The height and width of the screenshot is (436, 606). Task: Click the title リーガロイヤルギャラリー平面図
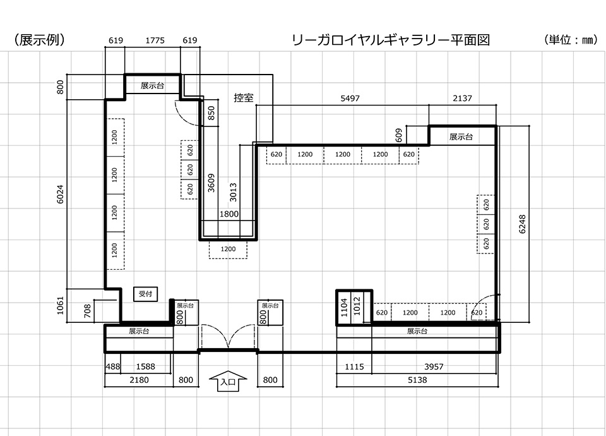(x=391, y=40)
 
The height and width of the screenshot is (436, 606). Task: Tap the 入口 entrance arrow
(x=227, y=380)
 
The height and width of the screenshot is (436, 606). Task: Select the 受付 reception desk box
(x=146, y=294)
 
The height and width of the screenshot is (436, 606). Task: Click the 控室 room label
(x=244, y=98)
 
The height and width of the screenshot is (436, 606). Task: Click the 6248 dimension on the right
(x=522, y=222)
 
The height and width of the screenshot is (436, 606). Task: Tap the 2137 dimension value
(x=462, y=99)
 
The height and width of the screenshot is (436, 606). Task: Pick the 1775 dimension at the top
(x=155, y=40)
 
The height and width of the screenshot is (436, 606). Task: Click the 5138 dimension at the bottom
(x=417, y=380)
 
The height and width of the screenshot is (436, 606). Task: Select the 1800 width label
(x=229, y=214)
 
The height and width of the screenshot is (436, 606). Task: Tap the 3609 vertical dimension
(x=211, y=182)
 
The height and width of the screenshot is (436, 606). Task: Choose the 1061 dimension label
(x=61, y=306)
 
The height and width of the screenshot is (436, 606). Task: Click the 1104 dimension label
(x=345, y=307)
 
